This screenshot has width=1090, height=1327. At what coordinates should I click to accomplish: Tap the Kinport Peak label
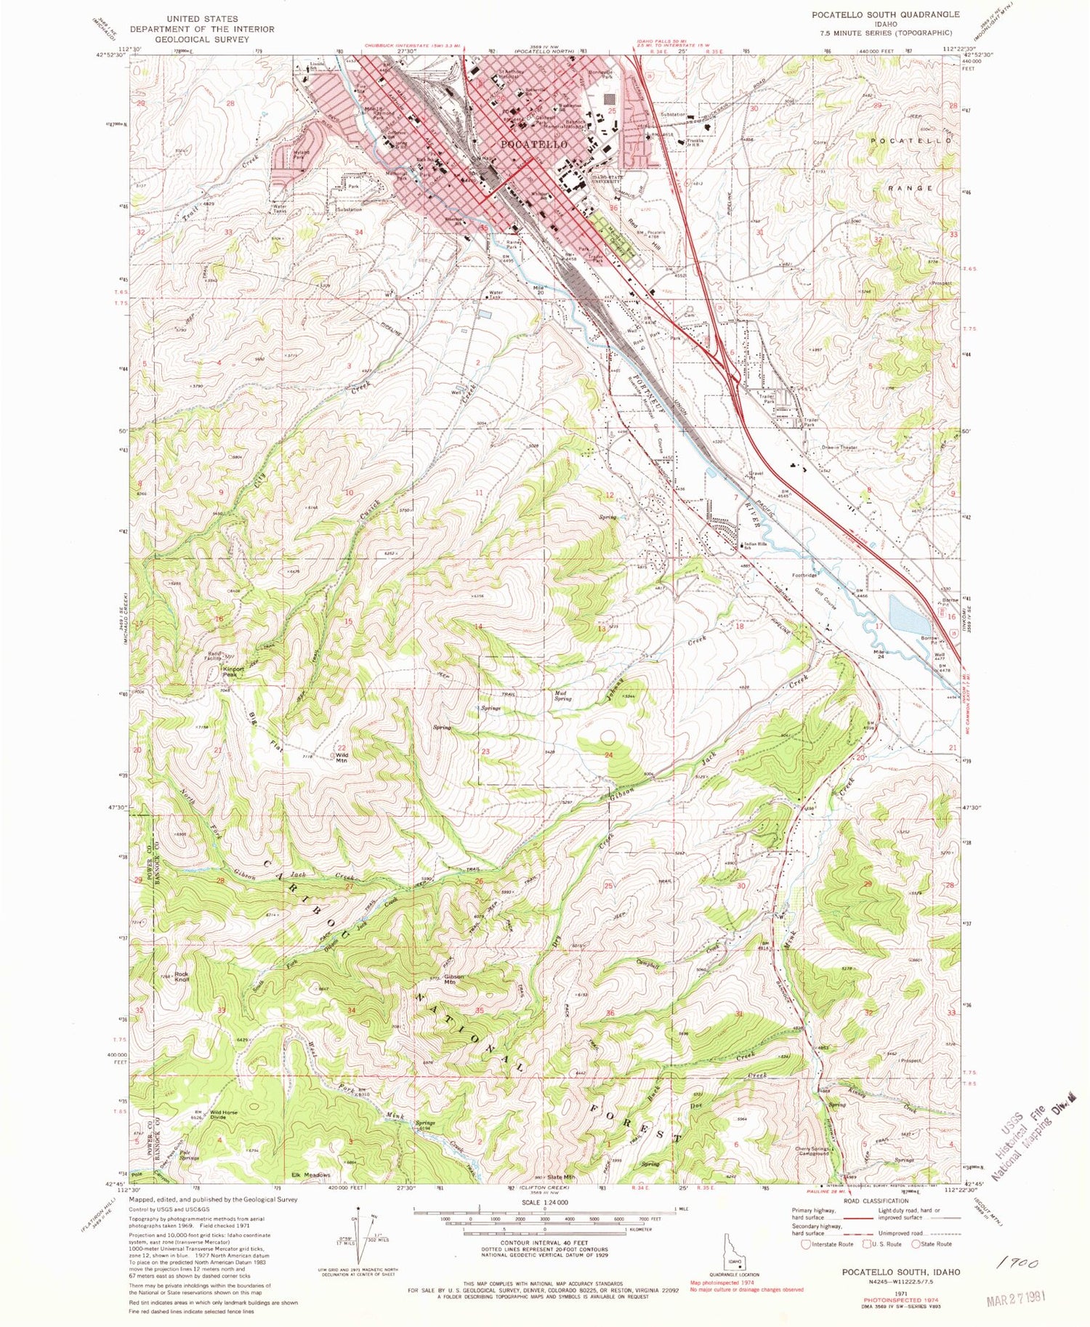coord(234,671)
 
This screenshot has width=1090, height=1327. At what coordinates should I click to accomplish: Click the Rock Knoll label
coord(182,977)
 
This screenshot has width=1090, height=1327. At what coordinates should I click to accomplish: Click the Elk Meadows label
coord(311,1174)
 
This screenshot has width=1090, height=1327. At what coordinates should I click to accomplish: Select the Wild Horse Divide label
coord(224,1115)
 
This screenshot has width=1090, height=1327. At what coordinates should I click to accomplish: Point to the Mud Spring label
coord(562,695)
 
